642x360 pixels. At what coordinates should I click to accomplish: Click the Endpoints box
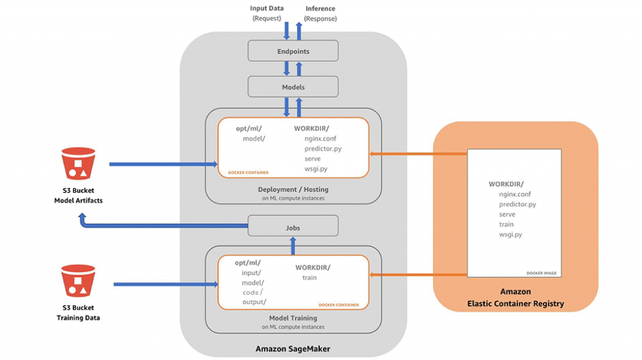pos(293,51)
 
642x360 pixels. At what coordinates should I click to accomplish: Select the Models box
pos(293,87)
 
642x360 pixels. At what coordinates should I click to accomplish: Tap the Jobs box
pos(293,227)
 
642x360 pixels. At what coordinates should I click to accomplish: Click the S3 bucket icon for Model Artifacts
pos(78,164)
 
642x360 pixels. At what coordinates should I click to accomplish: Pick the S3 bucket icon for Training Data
pos(78,281)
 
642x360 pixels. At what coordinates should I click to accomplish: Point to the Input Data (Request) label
pos(266,13)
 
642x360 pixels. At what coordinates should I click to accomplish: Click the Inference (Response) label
pos(320,13)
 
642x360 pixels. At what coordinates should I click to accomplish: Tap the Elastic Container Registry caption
pos(515,304)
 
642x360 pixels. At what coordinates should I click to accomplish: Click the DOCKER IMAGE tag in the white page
pos(541,273)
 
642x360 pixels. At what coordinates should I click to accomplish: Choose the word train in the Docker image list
pos(506,225)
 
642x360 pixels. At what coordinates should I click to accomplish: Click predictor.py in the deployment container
pos(323,149)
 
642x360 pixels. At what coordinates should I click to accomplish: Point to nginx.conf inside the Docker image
pos(515,194)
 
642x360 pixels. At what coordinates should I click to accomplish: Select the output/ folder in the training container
pos(254,302)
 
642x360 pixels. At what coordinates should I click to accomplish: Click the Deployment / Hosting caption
pos(293,189)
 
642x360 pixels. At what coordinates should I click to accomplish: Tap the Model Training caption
pos(293,318)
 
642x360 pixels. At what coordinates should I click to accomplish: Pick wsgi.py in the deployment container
pos(316,169)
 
